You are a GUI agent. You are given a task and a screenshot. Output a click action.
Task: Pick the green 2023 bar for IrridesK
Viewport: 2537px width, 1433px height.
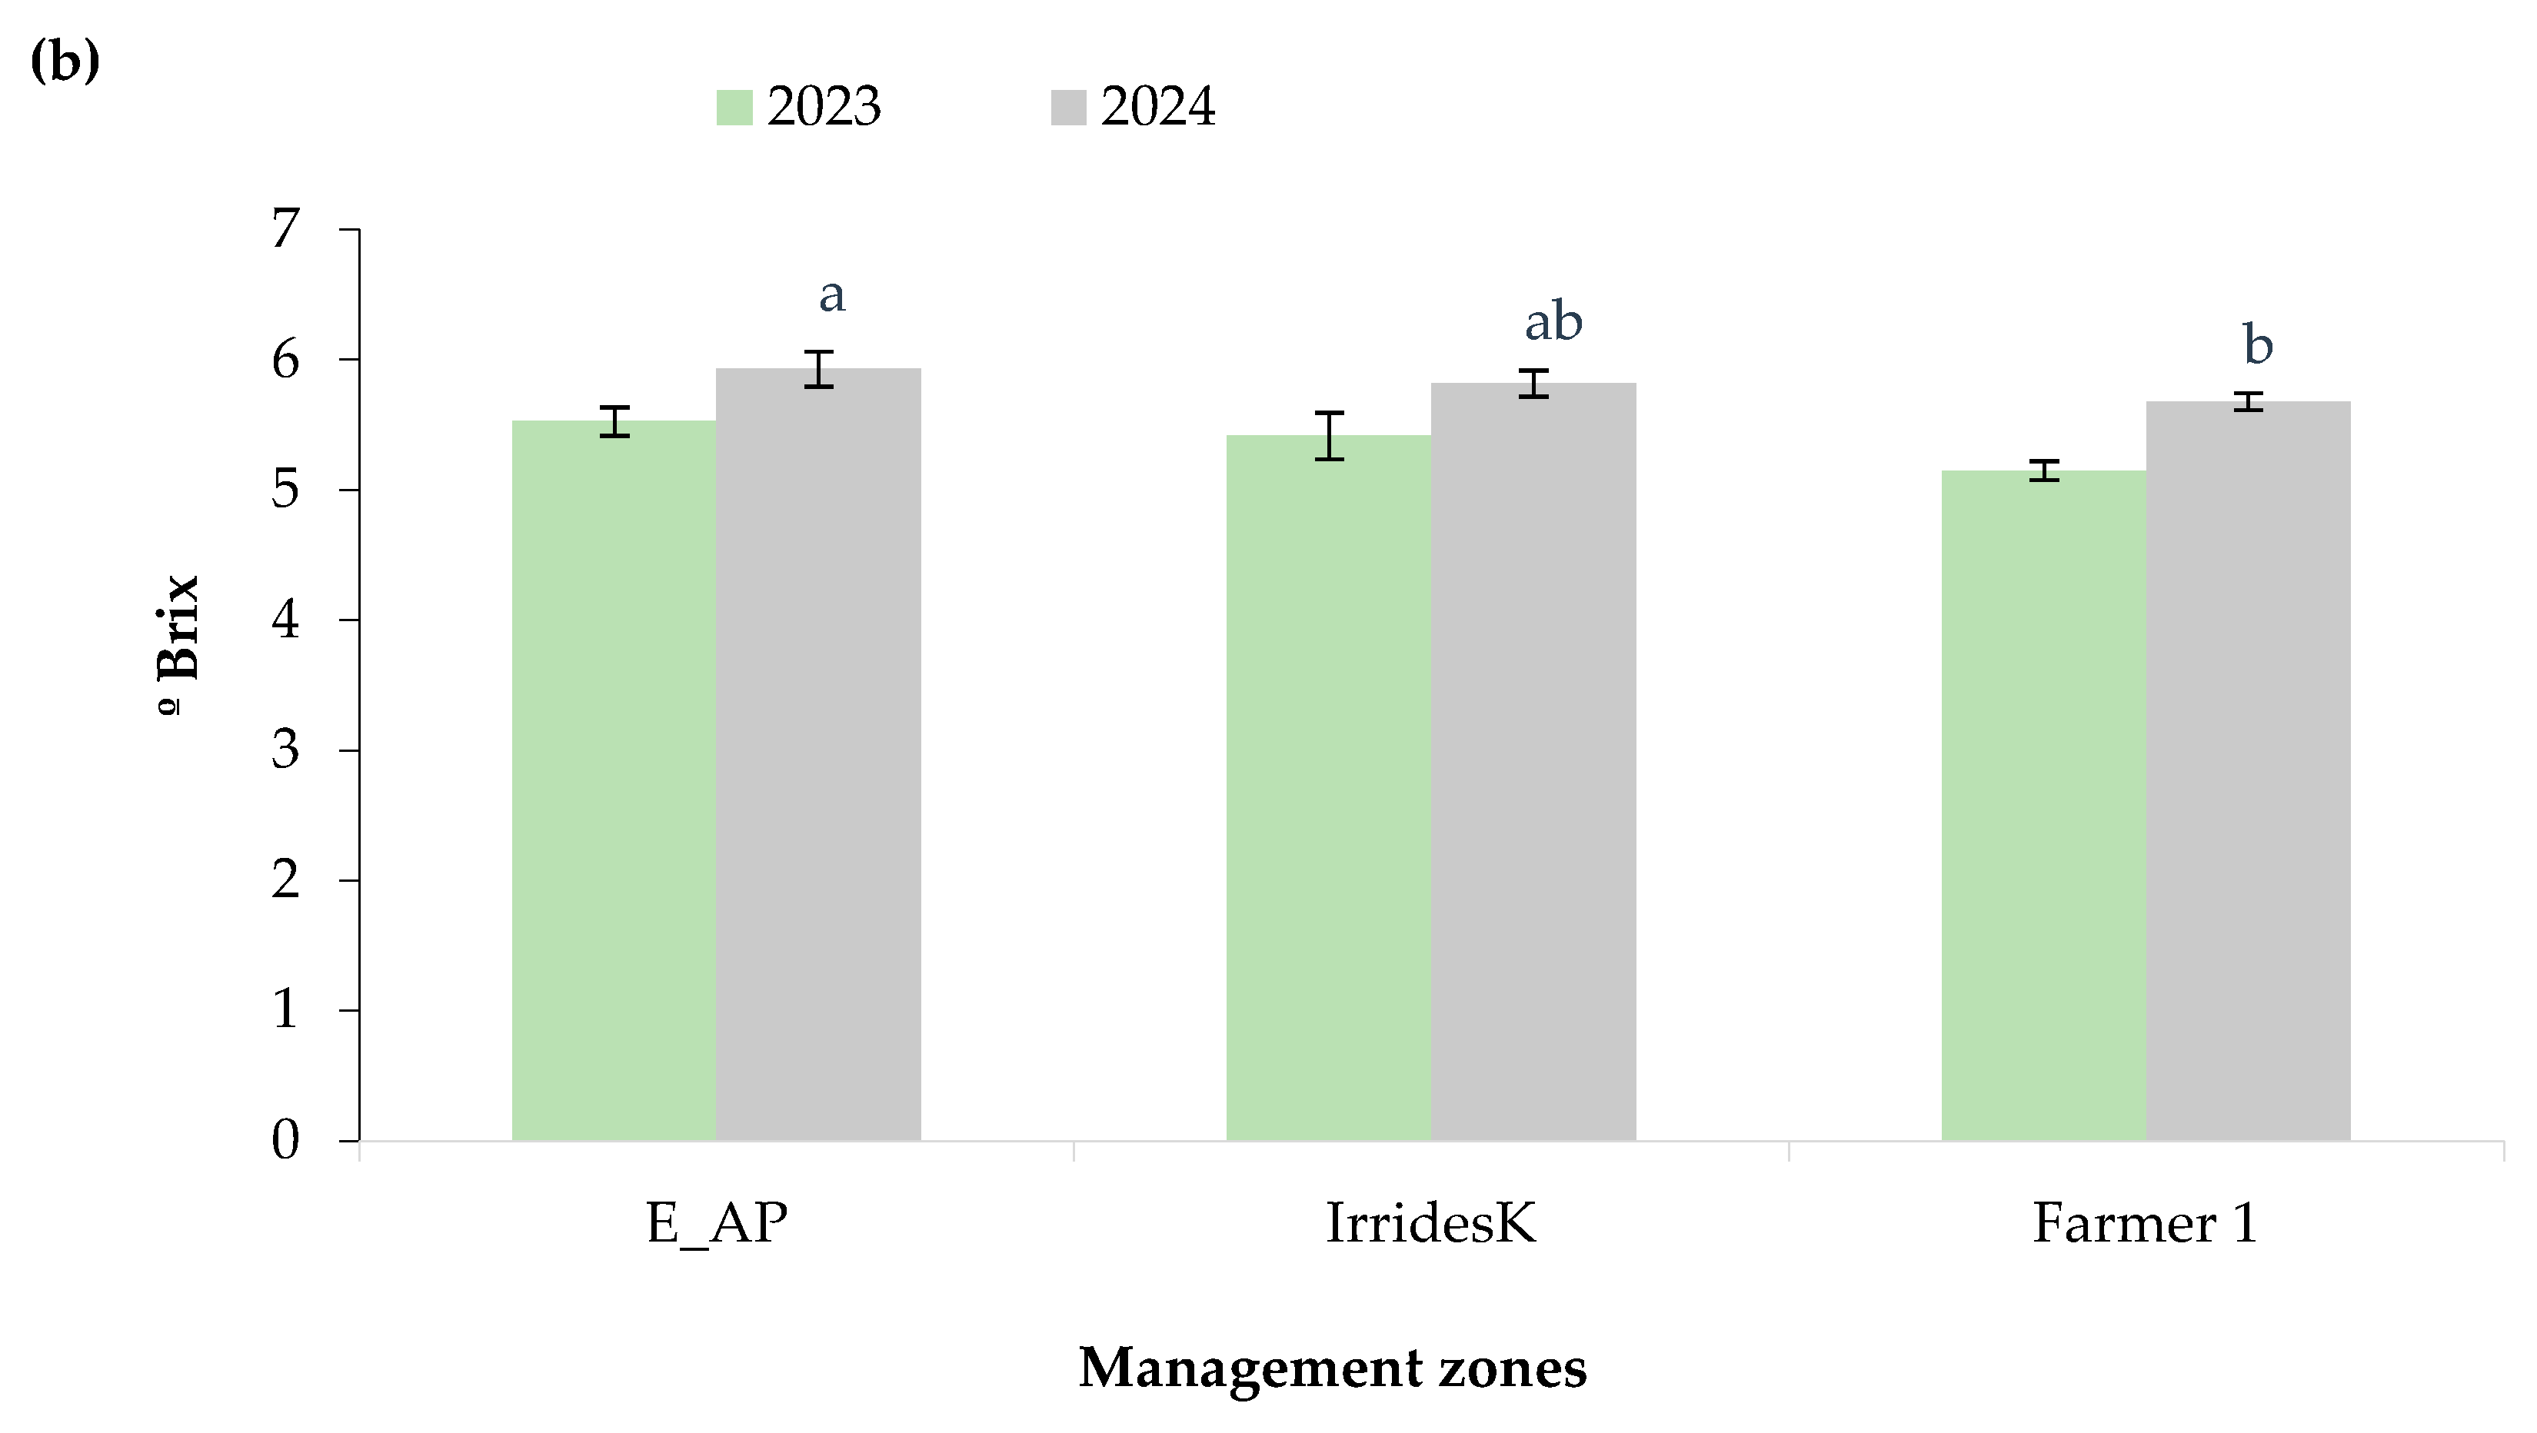(1329, 788)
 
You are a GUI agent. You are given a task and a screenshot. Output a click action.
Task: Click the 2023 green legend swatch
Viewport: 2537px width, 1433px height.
(734, 108)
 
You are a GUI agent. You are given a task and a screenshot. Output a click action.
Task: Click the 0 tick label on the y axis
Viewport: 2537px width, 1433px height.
(285, 1141)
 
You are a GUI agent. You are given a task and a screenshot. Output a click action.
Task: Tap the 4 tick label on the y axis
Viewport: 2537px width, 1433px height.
(285, 620)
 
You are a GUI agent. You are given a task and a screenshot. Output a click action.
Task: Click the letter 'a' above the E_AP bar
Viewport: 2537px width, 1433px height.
(832, 294)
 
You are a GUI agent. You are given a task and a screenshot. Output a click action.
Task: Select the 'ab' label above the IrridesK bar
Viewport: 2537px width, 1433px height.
(1553, 322)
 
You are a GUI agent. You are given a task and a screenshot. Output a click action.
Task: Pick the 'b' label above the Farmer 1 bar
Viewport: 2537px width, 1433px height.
(2257, 346)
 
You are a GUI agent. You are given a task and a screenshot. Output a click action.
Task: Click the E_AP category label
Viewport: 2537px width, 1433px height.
(716, 1224)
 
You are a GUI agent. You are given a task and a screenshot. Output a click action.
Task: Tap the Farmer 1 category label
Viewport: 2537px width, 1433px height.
(2145, 1224)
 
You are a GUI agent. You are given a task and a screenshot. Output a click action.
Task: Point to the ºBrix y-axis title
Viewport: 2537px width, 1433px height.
(179, 640)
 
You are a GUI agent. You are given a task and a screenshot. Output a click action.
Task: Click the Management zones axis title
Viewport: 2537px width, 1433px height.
(1333, 1368)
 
